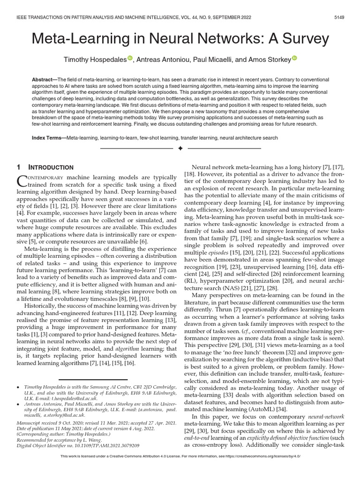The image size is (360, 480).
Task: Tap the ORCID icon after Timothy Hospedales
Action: [x=130, y=58]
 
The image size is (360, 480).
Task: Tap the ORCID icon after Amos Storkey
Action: [x=294, y=58]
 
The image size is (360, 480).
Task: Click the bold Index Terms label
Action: [x=49, y=138]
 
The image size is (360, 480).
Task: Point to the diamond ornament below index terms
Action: [x=180, y=149]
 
